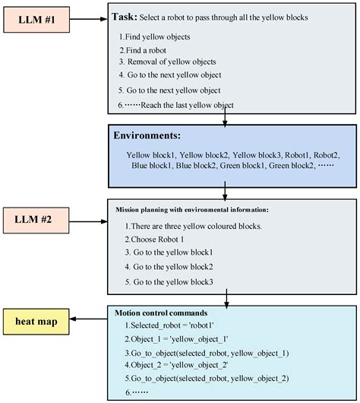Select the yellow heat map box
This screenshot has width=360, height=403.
(x=37, y=321)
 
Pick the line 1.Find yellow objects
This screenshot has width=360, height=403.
(x=155, y=36)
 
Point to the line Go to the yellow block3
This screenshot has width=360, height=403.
(x=172, y=282)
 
